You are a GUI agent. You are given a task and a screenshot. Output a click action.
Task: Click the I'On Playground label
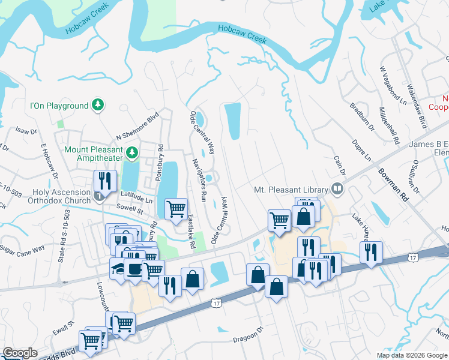[59, 106]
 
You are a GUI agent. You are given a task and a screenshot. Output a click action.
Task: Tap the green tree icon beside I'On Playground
[98, 106]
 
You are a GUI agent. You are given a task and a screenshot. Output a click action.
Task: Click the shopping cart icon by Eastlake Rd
[176, 209]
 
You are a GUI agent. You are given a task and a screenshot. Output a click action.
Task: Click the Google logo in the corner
[20, 353]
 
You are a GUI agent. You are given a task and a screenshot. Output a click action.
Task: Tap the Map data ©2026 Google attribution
[412, 355]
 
